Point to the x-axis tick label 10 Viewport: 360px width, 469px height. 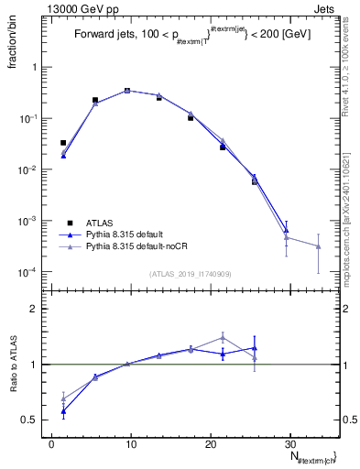coord(130,443)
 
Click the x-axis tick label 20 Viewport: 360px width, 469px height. coord(210,443)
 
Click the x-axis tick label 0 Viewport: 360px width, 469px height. coord(51,443)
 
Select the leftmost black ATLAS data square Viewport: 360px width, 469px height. coord(63,143)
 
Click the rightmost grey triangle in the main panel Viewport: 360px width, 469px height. coord(318,246)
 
